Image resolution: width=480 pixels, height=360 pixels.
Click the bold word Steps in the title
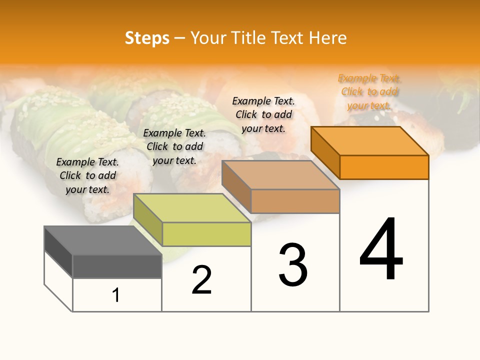(147, 38)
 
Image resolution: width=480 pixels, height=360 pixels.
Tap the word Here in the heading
(328, 38)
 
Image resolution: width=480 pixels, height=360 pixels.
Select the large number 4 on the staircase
(381, 249)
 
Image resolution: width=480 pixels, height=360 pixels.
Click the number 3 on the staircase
(293, 265)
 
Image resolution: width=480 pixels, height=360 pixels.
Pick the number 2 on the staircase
(201, 280)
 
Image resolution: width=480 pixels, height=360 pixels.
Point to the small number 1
(116, 295)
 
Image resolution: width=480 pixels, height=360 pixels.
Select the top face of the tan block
(280, 175)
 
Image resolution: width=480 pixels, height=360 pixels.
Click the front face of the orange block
(384, 167)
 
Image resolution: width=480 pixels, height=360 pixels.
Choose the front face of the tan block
(295, 201)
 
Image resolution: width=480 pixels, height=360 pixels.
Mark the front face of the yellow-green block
(206, 234)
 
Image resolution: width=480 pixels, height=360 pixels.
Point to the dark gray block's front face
(117, 266)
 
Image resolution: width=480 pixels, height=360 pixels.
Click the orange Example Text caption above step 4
(369, 92)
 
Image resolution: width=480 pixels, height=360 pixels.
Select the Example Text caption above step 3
(263, 114)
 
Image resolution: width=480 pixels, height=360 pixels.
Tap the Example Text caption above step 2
(174, 146)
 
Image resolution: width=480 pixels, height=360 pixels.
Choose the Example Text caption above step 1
(87, 175)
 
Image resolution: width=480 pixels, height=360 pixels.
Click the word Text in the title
(288, 38)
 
